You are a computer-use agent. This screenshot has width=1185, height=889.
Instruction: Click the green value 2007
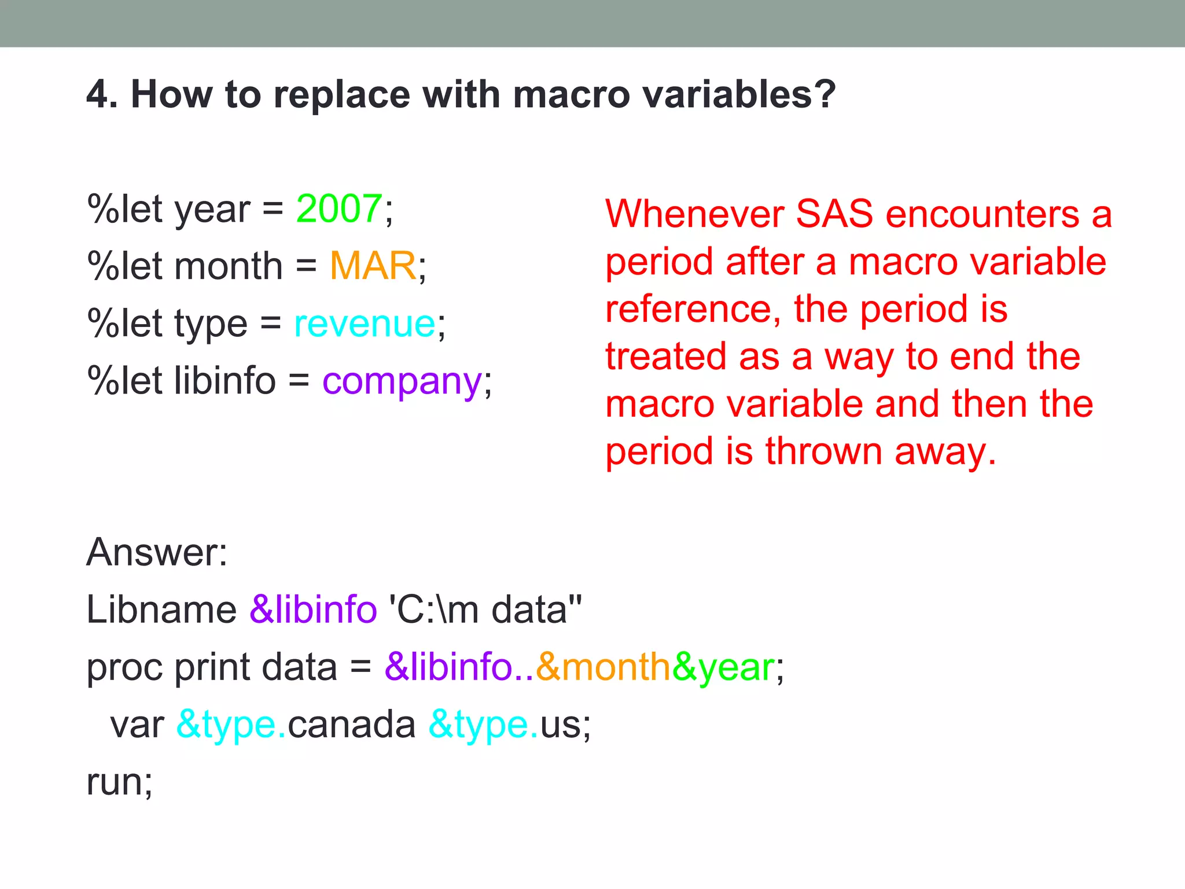pos(339,209)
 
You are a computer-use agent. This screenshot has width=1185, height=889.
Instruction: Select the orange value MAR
pos(373,266)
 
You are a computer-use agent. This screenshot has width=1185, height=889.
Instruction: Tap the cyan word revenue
pos(365,324)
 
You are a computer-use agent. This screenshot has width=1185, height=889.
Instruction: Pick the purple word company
pos(402,382)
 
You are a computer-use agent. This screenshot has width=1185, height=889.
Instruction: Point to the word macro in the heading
pos(571,94)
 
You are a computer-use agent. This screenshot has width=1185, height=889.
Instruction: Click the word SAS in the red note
pos(834,214)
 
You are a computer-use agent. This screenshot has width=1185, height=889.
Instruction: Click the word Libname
pos(161,609)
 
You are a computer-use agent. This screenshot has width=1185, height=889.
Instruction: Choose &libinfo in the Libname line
pos(313,609)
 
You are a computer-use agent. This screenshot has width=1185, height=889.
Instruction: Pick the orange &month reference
pos(602,667)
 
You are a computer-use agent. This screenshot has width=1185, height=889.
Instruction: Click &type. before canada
pos(231,725)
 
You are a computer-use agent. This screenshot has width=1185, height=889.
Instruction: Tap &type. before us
pos(483,725)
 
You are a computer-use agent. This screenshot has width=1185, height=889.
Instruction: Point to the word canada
pos(351,725)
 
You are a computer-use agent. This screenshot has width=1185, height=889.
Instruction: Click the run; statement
pos(120,782)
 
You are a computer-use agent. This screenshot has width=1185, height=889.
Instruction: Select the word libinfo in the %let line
pos(225,381)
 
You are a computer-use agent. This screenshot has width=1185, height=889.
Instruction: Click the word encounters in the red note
pos(982,214)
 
